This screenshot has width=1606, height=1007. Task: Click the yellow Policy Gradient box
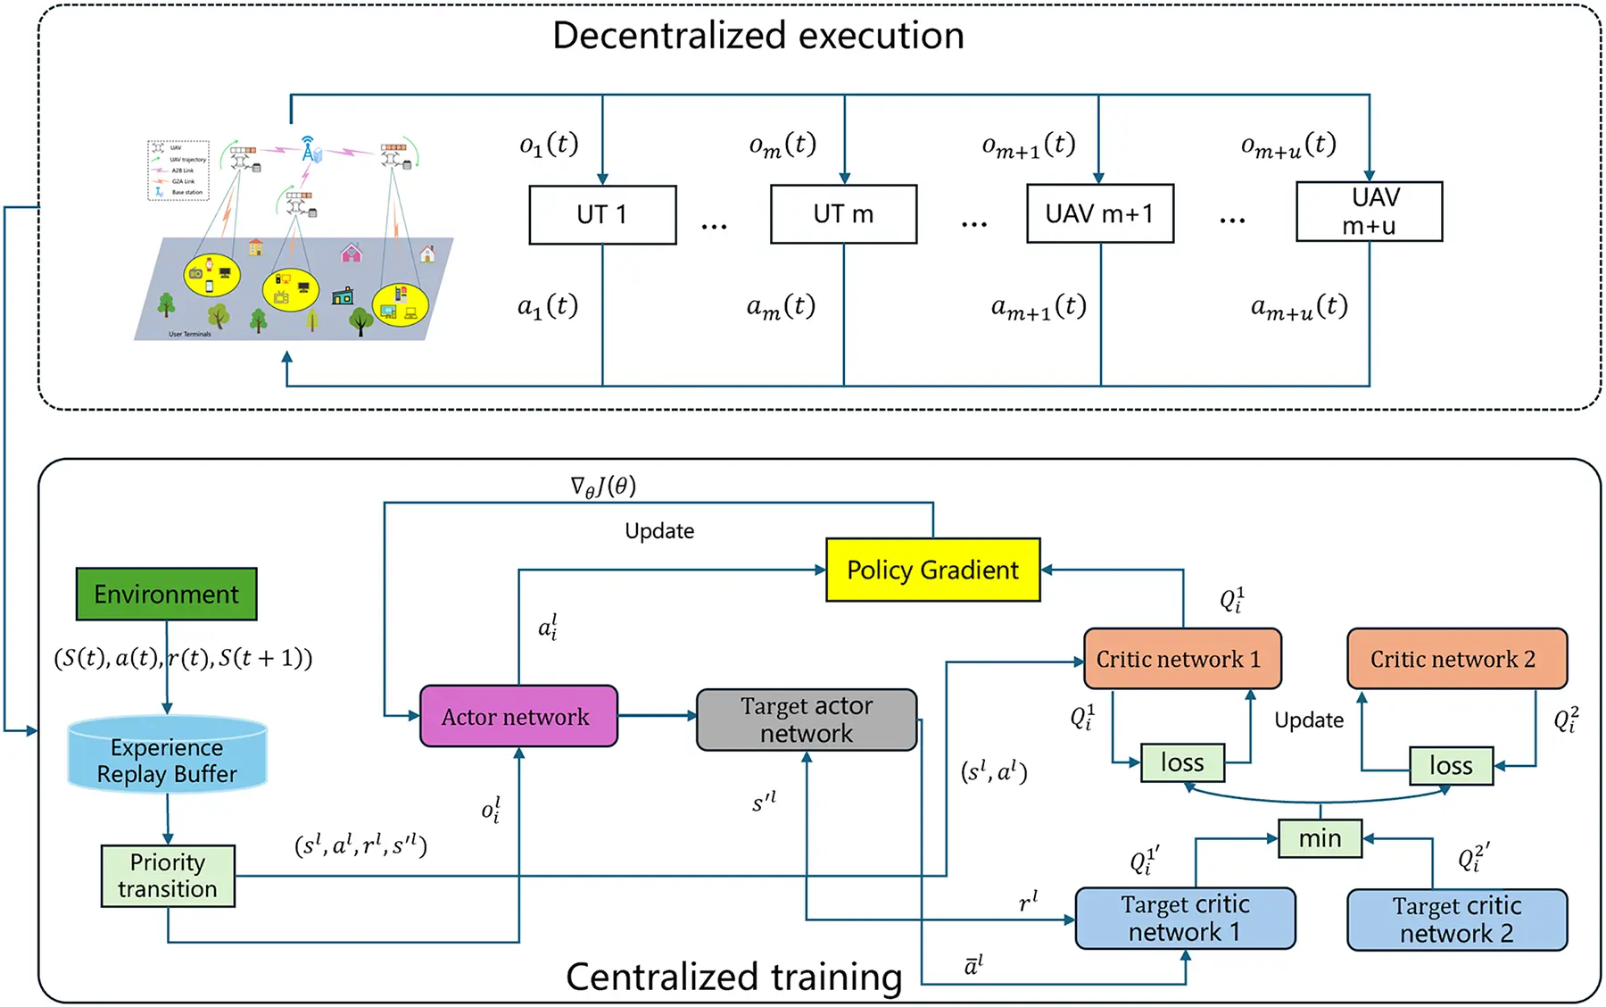pyautogui.click(x=932, y=570)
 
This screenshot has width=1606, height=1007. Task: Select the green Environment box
pyautogui.click(x=167, y=594)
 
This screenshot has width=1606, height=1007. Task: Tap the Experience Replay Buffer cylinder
pyautogui.click(x=167, y=757)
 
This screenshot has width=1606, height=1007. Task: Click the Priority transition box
pyautogui.click(x=168, y=876)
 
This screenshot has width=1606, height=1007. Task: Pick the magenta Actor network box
pyautogui.click(x=517, y=716)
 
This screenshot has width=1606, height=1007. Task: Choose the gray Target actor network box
pyautogui.click(x=807, y=720)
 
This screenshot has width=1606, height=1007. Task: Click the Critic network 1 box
pyautogui.click(x=1181, y=659)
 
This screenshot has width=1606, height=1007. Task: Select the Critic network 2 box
pyautogui.click(x=1456, y=659)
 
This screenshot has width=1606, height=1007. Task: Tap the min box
pyautogui.click(x=1320, y=838)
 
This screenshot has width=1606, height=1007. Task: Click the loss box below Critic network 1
pyautogui.click(x=1182, y=763)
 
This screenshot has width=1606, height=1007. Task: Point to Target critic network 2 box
pyautogui.click(x=1456, y=920)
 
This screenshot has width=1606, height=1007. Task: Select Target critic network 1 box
pyautogui.click(x=1185, y=918)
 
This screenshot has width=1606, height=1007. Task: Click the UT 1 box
pyautogui.click(x=602, y=214)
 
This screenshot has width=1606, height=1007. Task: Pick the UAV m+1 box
pyautogui.click(x=1099, y=213)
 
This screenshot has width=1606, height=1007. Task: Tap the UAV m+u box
pyautogui.click(x=1369, y=212)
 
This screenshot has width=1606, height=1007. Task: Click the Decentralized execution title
pyautogui.click(x=758, y=36)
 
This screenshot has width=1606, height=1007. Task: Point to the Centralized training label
pyautogui.click(x=733, y=977)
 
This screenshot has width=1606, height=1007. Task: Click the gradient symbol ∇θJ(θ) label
pyautogui.click(x=603, y=487)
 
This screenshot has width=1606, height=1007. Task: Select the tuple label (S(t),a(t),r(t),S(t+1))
pyautogui.click(x=183, y=659)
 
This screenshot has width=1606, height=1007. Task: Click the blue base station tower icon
pyautogui.click(x=310, y=149)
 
